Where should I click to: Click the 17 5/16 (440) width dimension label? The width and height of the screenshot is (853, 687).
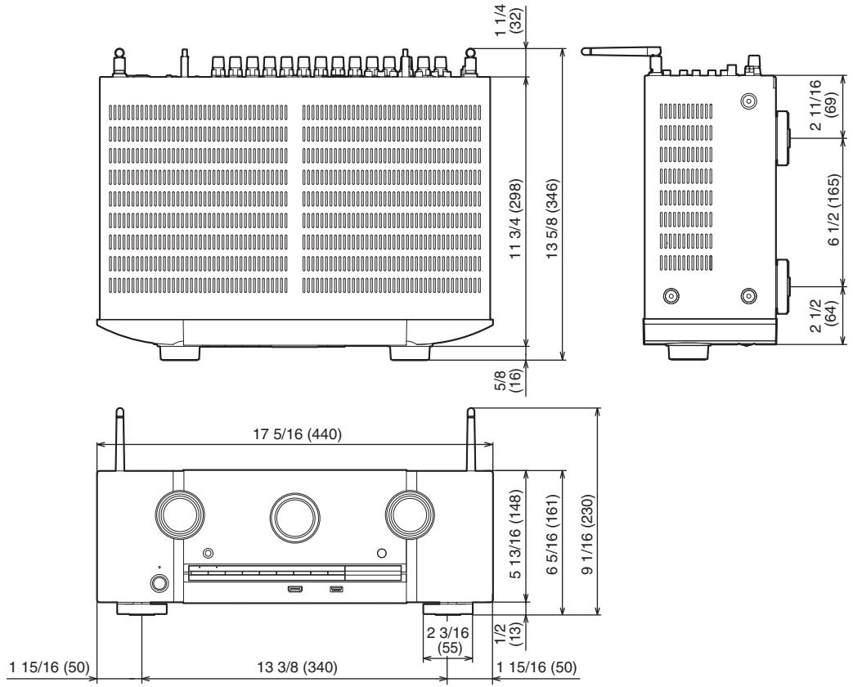tap(297, 434)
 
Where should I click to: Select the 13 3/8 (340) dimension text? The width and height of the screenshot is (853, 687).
tap(297, 667)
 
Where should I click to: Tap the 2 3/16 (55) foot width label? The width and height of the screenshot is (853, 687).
tap(447, 640)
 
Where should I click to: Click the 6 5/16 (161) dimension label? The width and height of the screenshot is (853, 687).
tap(551, 535)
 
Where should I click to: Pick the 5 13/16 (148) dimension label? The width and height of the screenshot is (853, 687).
tap(516, 533)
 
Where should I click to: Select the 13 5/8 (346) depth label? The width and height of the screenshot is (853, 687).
tap(551, 218)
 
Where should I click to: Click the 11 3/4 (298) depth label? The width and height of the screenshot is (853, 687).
tap(516, 218)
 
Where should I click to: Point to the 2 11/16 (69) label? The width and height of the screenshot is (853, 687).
tap(822, 105)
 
